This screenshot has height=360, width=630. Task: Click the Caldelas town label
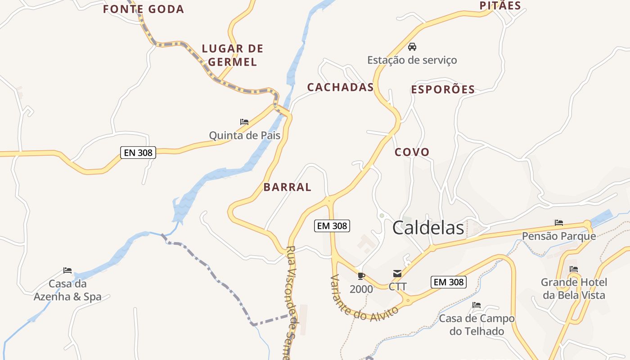tap(428, 228)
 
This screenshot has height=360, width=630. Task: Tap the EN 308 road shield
tap(138, 153)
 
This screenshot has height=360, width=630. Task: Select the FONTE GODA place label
tap(144, 9)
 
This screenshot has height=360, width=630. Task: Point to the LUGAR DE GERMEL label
tap(232, 55)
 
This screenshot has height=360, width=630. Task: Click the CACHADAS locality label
tap(340, 87)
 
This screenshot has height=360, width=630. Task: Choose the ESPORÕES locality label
tap(443, 90)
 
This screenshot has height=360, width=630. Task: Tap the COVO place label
tap(412, 152)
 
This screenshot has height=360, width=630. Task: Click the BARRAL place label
tap(287, 187)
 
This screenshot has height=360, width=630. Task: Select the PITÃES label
tap(500, 6)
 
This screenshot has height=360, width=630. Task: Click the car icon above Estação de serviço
tap(412, 47)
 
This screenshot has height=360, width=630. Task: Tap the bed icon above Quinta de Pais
tap(244, 122)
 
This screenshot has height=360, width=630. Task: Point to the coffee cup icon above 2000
tap(361, 276)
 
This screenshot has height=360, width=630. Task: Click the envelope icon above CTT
tap(397, 274)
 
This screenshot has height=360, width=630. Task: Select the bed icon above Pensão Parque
tap(559, 223)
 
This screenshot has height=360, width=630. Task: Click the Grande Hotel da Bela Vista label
tap(574, 289)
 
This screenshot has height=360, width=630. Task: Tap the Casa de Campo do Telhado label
tap(477, 325)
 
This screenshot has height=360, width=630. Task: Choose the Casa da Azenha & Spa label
tap(67, 290)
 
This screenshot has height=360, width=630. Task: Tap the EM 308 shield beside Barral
tap(332, 226)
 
